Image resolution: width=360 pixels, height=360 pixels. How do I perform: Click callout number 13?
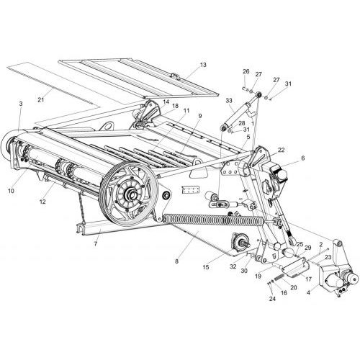(203, 65)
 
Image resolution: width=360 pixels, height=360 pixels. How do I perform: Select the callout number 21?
(41, 99)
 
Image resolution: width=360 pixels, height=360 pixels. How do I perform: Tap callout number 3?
(21, 104)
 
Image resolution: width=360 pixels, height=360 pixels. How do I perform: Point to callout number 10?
(11, 191)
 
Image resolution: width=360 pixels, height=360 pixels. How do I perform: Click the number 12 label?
(42, 202)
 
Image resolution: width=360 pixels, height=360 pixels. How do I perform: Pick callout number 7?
(96, 244)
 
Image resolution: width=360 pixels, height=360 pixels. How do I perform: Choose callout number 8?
(177, 261)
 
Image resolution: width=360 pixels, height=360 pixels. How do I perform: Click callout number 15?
(206, 267)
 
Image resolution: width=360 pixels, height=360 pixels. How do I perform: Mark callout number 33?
(229, 101)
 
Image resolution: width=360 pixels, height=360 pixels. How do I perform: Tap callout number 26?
(246, 71)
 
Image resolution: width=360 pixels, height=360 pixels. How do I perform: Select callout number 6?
(302, 158)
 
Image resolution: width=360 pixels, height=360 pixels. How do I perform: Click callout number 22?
(282, 150)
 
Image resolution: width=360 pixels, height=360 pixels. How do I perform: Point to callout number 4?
(308, 293)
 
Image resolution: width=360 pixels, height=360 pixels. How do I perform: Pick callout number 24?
(272, 299)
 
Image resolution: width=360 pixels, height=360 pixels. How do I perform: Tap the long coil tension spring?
(214, 220)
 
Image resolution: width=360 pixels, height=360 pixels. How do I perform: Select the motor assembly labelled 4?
(338, 279)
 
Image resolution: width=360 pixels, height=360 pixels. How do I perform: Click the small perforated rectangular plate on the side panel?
(191, 189)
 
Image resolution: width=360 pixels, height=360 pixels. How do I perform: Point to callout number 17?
(308, 279)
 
